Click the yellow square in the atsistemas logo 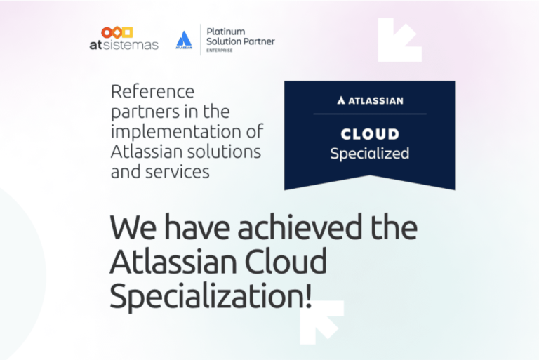click(127, 32)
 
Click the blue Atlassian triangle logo click(184, 39)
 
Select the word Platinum click(226, 32)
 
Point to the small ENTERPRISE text click(219, 51)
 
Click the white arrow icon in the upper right click(400, 40)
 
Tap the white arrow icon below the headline click(321, 323)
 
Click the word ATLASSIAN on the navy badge click(375, 101)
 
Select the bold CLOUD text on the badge click(370, 134)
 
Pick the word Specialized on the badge click(370, 154)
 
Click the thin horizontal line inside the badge click(370, 114)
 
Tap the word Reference click(152, 91)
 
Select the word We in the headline click(133, 227)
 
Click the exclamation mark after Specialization click(308, 295)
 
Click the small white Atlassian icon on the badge click(341, 100)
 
